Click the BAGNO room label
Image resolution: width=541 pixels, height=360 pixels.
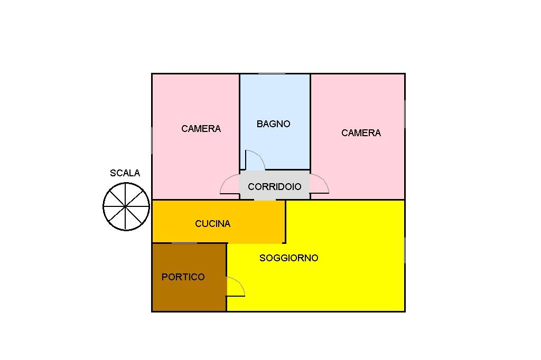(274, 124)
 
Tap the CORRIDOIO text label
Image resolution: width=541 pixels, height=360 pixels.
(275, 187)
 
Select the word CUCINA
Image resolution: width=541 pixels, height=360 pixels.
(213, 224)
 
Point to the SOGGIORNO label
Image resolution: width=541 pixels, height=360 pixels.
(289, 258)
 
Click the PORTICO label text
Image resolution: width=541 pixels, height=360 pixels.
(183, 277)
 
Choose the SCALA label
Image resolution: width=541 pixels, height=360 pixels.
(125, 173)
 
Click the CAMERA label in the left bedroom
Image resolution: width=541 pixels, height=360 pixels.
(201, 129)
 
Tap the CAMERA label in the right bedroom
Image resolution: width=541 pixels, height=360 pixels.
(361, 133)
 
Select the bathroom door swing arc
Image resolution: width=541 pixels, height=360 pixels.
(255, 160)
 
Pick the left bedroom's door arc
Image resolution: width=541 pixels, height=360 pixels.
(229, 185)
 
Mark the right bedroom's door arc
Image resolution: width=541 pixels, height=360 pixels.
(320, 184)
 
